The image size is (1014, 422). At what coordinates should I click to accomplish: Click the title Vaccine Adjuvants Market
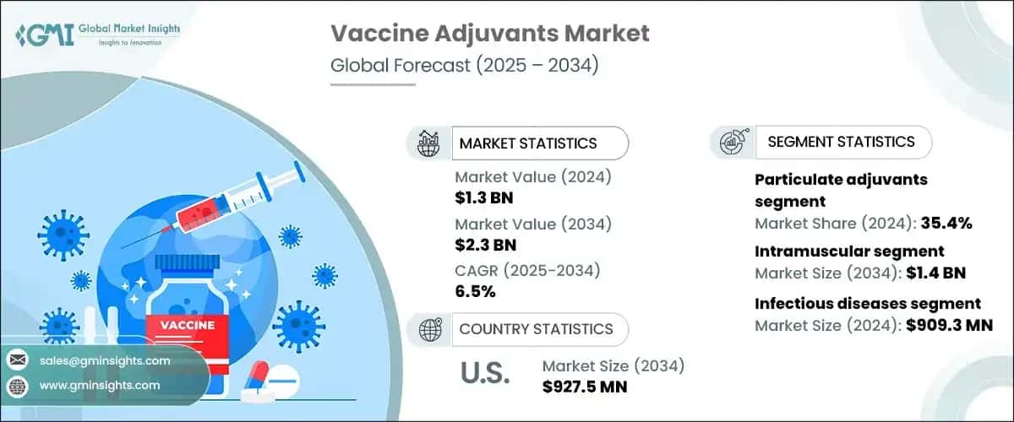pyautogui.click(x=490, y=34)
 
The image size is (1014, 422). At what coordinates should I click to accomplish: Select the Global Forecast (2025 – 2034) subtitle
pyautogui.click(x=464, y=67)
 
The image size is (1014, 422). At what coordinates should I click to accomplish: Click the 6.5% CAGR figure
pyautogui.click(x=475, y=292)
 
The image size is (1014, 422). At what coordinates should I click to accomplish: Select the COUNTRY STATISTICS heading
pyautogui.click(x=536, y=329)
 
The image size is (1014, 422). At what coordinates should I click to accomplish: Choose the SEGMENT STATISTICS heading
pyautogui.click(x=841, y=142)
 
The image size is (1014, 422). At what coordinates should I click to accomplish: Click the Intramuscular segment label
pyautogui.click(x=849, y=252)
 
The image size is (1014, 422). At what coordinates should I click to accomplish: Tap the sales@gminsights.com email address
pyautogui.click(x=105, y=360)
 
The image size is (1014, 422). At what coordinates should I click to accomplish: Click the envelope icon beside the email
pyautogui.click(x=16, y=360)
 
